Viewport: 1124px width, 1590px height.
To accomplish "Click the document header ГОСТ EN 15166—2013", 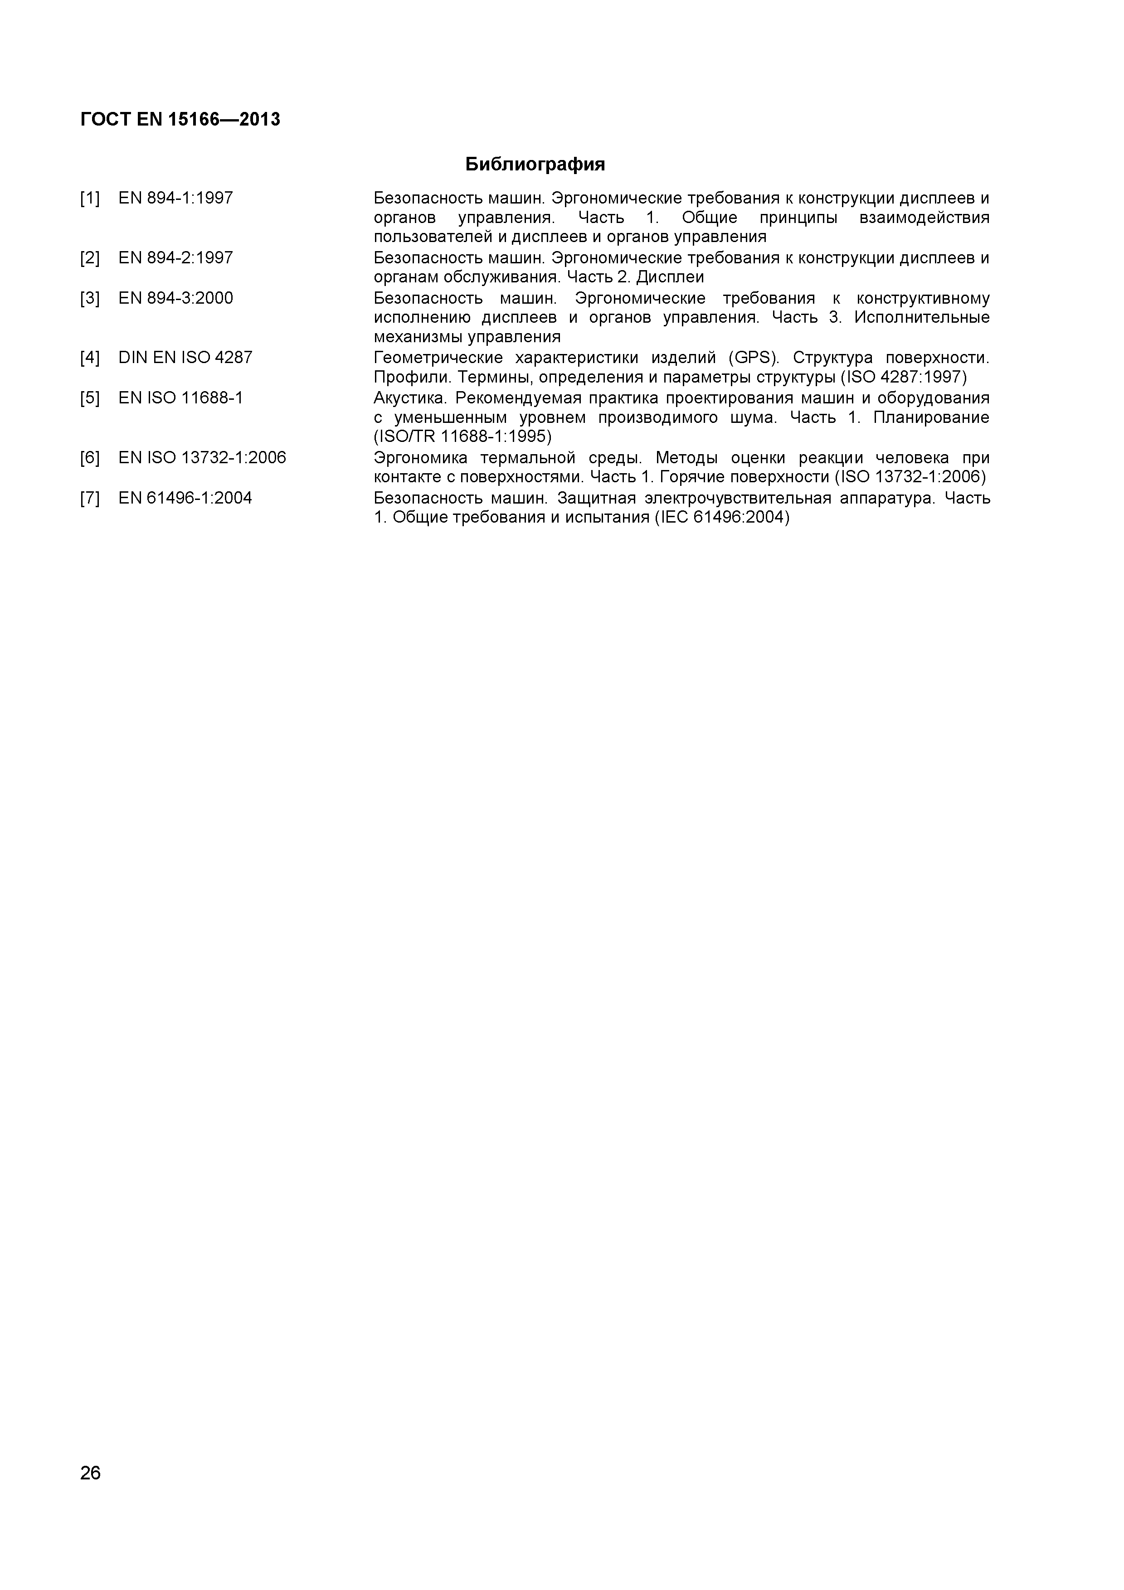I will (x=180, y=120).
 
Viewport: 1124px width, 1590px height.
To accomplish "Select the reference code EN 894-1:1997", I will (x=176, y=198).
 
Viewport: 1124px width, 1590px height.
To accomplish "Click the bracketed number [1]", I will (x=90, y=198).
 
